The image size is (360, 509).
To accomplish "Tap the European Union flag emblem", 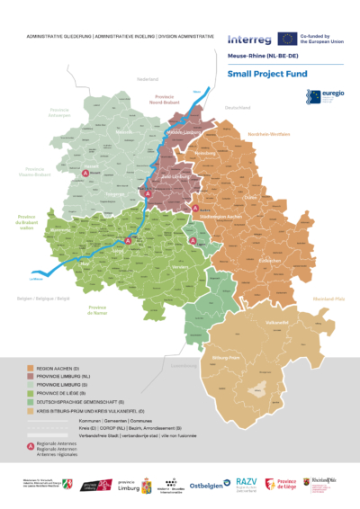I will [x=286, y=38].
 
